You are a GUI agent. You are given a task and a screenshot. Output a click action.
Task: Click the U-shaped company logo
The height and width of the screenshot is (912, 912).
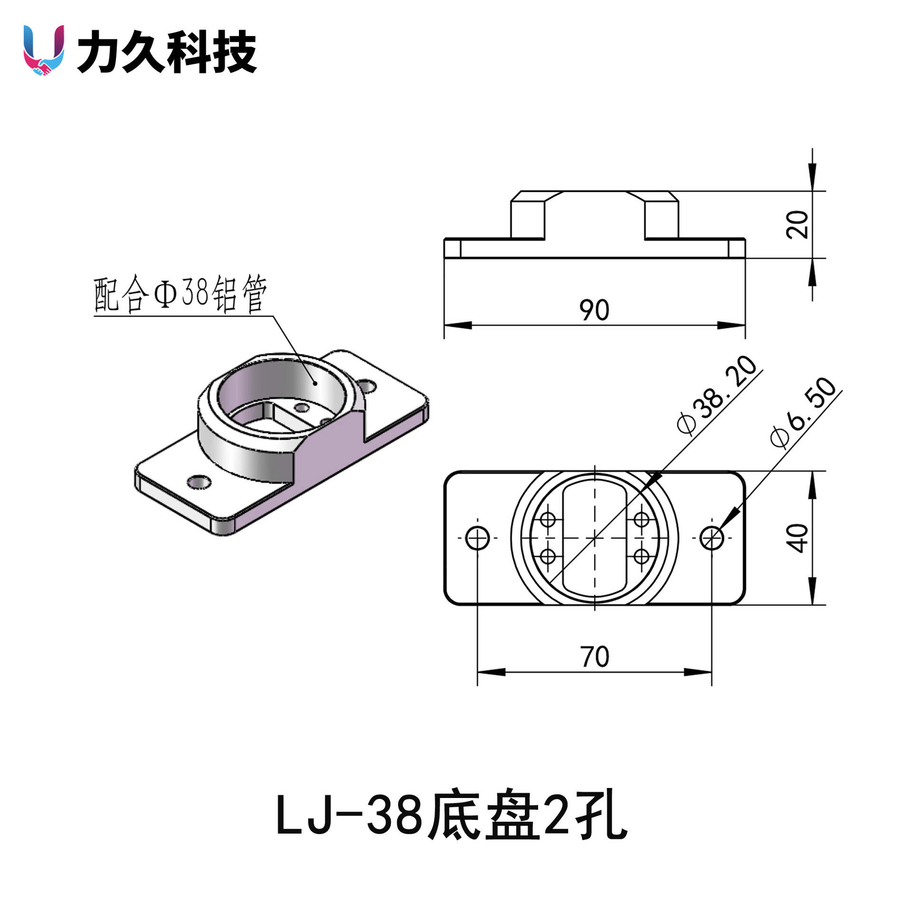44,50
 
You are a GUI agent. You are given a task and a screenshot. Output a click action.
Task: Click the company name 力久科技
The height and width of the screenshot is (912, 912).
167,51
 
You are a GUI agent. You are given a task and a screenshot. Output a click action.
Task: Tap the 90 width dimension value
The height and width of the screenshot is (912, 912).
594,310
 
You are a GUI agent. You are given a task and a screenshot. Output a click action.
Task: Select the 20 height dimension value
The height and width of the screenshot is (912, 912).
798,224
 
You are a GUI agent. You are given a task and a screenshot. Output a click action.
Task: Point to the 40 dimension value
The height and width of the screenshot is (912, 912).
798,538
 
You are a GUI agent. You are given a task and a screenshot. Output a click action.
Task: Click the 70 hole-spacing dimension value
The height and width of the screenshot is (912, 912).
594,657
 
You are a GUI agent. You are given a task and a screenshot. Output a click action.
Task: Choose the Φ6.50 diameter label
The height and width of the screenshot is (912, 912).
803,412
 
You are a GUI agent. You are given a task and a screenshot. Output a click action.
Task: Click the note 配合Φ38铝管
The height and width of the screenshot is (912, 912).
180,294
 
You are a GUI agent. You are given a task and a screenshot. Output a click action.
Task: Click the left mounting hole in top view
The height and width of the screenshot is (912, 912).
477,538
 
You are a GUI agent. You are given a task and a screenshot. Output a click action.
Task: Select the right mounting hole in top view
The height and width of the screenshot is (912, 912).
712,538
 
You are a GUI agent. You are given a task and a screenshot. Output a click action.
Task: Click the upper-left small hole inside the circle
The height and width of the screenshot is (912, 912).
548,519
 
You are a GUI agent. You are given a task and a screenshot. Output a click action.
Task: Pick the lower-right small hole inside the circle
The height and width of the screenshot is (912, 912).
641,556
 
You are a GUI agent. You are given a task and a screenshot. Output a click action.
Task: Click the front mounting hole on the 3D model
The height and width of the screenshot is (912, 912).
199,482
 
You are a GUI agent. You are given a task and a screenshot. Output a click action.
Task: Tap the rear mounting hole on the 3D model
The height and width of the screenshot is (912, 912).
367,386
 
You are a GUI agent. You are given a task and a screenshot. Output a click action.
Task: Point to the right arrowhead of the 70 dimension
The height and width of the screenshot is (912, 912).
698,672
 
